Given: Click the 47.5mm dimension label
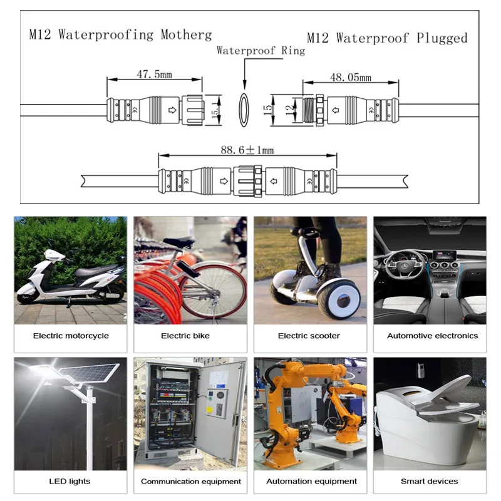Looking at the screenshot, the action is click(154, 75).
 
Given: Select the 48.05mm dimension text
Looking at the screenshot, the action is click(351, 77).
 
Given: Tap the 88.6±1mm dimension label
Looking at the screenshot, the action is click(247, 150).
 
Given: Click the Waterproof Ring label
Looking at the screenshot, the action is click(261, 51).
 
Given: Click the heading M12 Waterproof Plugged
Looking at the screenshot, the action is click(388, 38).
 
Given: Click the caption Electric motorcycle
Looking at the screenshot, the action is click(71, 336).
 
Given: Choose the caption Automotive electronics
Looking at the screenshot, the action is click(432, 336).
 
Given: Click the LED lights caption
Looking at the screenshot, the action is click(70, 481).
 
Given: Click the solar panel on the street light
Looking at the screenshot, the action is click(94, 376).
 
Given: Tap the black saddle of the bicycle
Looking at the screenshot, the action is click(178, 242).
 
